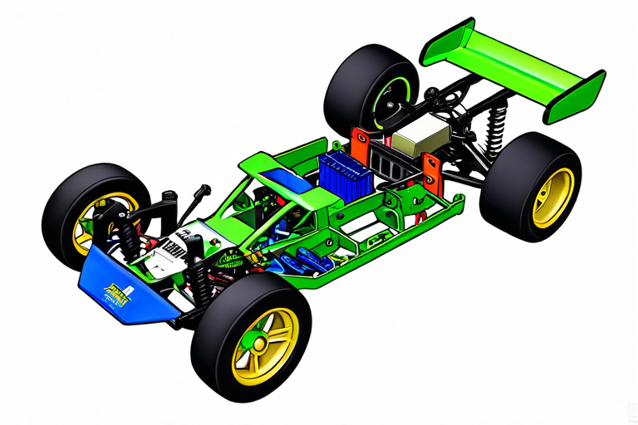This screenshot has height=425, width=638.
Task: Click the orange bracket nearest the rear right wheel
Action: point(431,170)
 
